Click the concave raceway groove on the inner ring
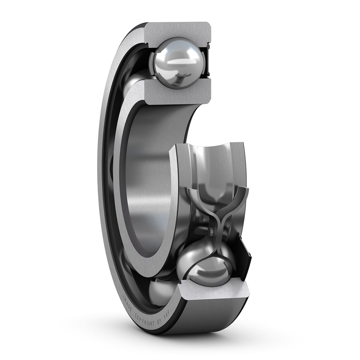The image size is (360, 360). pos(216,162)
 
